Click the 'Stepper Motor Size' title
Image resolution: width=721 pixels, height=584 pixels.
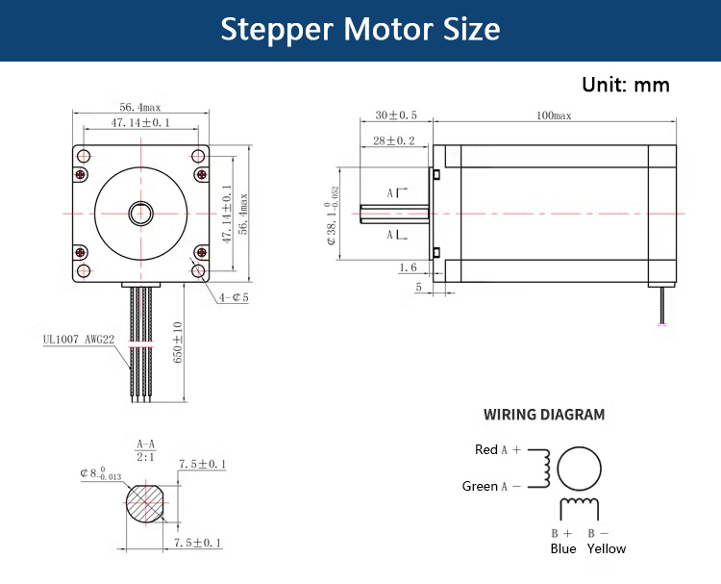pyautogui.click(x=360, y=29)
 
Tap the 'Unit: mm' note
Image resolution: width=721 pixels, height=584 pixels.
pyautogui.click(x=626, y=85)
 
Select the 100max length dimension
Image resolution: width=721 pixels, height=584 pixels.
pyautogui.click(x=554, y=115)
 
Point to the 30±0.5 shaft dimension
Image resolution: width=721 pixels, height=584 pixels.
pyautogui.click(x=396, y=115)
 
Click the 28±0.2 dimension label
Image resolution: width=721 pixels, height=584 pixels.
pyautogui.click(x=393, y=140)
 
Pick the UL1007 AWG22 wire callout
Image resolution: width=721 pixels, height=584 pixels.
pyautogui.click(x=79, y=340)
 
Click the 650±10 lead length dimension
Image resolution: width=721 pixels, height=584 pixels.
pyautogui.click(x=178, y=343)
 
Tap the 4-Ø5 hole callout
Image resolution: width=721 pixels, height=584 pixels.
pyautogui.click(x=234, y=297)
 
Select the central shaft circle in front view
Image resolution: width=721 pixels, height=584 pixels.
pyautogui.click(x=140, y=214)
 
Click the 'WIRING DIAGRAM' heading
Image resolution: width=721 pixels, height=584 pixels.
pyautogui.click(x=544, y=415)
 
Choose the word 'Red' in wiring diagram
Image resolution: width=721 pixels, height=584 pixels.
pyautogui.click(x=486, y=449)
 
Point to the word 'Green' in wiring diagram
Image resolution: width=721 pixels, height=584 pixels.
pyautogui.click(x=480, y=486)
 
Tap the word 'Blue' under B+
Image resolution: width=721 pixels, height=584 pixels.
pyautogui.click(x=563, y=548)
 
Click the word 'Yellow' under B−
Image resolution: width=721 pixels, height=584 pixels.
pyautogui.click(x=607, y=548)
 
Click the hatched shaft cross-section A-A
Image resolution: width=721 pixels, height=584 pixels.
pyautogui.click(x=146, y=503)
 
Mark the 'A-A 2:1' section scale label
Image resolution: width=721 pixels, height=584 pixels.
pyautogui.click(x=146, y=450)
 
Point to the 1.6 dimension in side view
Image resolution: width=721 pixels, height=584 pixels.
pyautogui.click(x=408, y=267)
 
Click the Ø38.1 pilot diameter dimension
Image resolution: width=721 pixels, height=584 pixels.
pyautogui.click(x=333, y=216)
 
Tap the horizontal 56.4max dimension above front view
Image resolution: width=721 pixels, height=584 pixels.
pyautogui.click(x=140, y=107)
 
